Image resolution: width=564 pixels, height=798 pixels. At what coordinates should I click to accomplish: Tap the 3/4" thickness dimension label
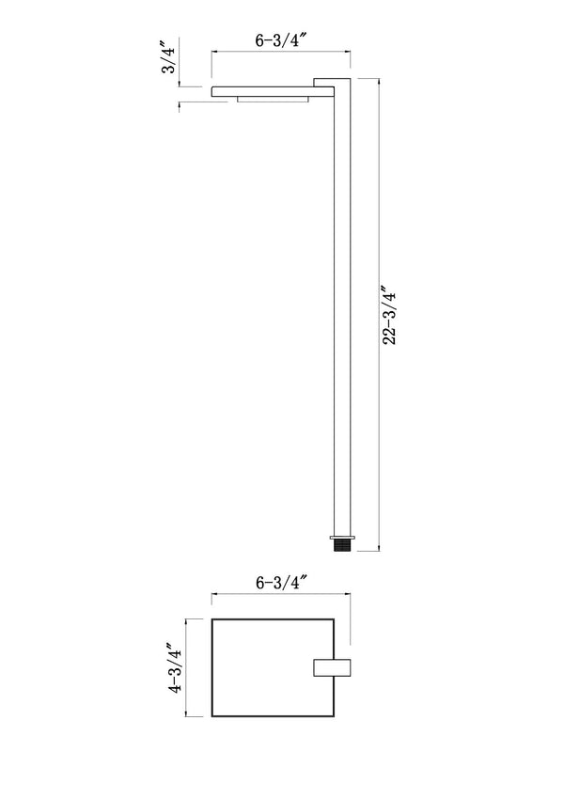click(169, 57)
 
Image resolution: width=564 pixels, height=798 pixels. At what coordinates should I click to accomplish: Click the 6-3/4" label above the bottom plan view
click(281, 583)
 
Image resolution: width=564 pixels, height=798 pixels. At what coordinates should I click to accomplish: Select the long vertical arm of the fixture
click(342, 310)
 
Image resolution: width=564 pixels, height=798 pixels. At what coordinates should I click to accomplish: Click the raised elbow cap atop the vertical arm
click(331, 82)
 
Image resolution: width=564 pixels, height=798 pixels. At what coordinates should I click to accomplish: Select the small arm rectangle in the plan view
click(332, 667)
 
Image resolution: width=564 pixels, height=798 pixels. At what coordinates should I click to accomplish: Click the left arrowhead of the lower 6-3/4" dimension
click(213, 594)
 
